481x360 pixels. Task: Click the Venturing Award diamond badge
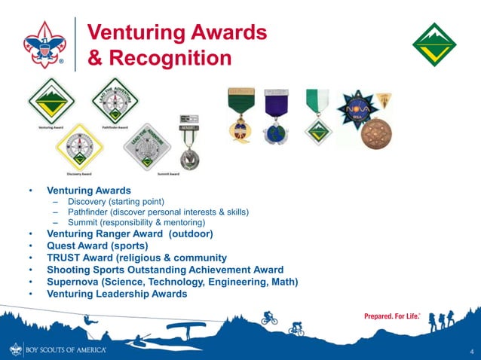point(51,102)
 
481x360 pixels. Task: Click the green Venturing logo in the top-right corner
point(434,44)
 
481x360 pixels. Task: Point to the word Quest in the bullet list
point(64,246)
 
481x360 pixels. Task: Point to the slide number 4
point(470,352)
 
